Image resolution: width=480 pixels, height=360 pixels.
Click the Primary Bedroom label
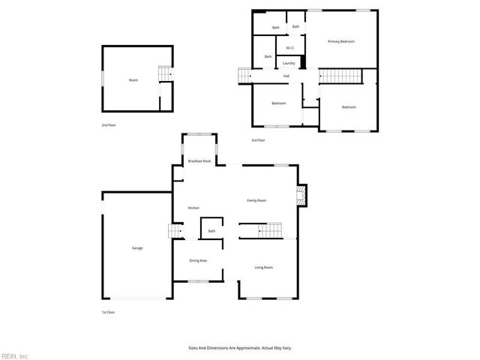click(x=340, y=41)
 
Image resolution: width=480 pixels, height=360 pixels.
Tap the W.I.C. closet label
click(x=289, y=49)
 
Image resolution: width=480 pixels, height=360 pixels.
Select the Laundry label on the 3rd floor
click(x=289, y=63)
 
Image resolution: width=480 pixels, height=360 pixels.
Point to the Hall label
click(x=286, y=76)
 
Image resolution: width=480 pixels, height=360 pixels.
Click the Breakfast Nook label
click(x=199, y=161)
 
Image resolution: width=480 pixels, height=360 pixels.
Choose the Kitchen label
click(x=193, y=208)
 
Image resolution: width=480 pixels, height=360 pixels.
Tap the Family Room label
click(x=257, y=200)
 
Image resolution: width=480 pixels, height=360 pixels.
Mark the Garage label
click(x=137, y=248)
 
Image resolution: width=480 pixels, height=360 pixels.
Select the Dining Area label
click(x=198, y=260)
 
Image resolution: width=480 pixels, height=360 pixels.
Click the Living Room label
click(x=263, y=268)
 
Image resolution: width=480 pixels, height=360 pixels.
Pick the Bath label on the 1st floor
click(x=211, y=231)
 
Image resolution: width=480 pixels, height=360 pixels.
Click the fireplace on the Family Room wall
click(x=301, y=196)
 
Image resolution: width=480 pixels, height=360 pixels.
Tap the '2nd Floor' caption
click(x=109, y=125)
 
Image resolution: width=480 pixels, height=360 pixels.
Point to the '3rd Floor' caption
click(x=258, y=140)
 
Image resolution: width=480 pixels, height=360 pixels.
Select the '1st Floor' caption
click(x=109, y=312)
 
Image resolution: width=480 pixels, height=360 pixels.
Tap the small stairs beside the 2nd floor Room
click(x=164, y=73)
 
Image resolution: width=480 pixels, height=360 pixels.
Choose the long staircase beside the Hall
click(x=339, y=76)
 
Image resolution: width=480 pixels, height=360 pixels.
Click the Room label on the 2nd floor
click(x=133, y=80)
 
